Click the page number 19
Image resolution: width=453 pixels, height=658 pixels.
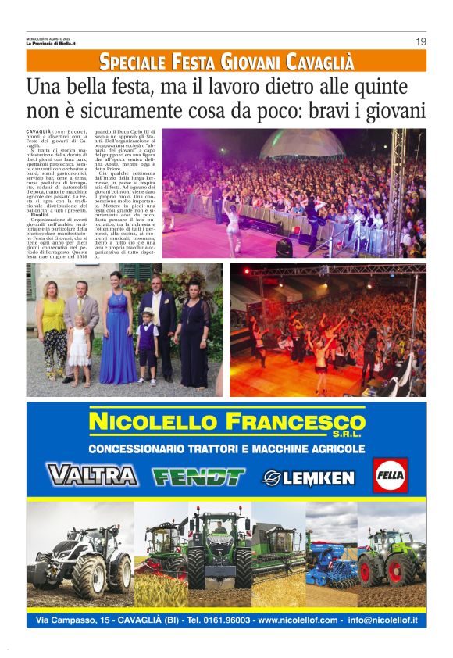pyautogui.click(x=420, y=41)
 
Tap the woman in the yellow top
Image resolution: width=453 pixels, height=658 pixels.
pyautogui.click(x=53, y=328)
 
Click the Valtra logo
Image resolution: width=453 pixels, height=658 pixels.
pyautogui.click(x=92, y=475)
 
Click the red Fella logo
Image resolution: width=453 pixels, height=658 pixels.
pyautogui.click(x=389, y=475)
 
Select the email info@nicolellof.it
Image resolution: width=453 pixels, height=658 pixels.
pyautogui.click(x=383, y=620)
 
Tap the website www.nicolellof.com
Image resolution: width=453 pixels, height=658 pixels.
pyautogui.click(x=298, y=620)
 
